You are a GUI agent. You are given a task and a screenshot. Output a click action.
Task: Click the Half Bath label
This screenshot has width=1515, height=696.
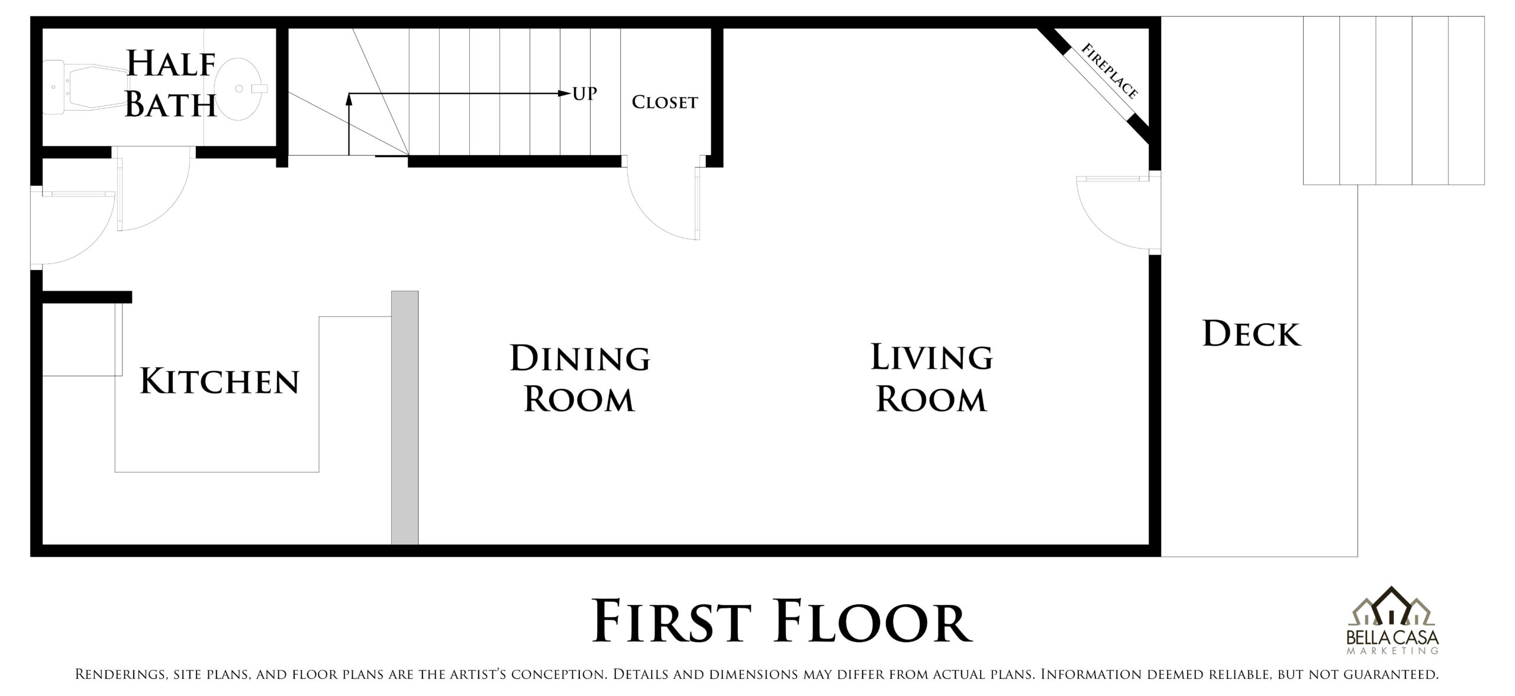171,85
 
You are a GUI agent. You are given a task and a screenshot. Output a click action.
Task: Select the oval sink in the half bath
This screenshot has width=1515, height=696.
240,89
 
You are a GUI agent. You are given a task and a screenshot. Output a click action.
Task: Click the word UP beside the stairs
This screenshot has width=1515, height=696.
585,94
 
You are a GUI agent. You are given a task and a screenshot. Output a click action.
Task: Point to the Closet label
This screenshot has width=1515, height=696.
665,102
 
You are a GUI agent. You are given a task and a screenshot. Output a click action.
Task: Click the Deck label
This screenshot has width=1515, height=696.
1252,334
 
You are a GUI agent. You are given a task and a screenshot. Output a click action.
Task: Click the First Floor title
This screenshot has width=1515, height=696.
781,621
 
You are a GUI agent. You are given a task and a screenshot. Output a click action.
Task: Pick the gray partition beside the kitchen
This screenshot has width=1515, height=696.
405,417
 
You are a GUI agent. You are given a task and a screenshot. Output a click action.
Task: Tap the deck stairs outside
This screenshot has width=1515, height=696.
1394,101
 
